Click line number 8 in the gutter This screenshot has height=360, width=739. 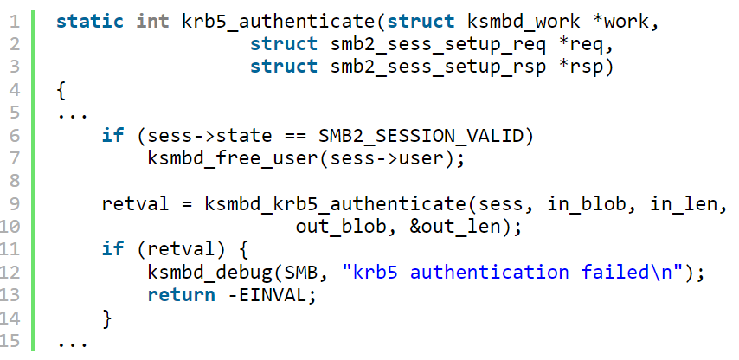[x=16, y=181]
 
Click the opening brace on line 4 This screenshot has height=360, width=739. [x=61, y=89]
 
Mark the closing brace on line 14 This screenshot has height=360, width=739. [x=107, y=319]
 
